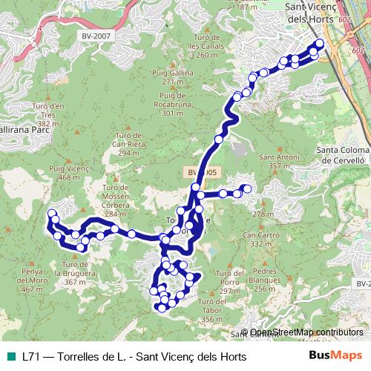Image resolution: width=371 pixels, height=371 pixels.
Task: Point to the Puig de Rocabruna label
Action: point(171,104)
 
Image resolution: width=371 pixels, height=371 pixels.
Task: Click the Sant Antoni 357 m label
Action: point(279,162)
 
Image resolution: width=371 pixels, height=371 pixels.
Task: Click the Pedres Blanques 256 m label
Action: point(266,279)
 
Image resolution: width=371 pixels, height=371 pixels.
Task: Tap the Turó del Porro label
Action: point(231,282)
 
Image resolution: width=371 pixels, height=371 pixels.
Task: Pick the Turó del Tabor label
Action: point(212,309)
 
